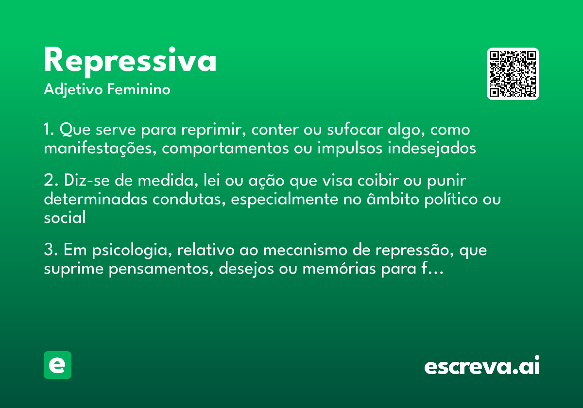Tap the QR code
(513, 74)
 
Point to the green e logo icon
(57, 365)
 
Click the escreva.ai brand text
(482, 366)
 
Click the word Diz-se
(86, 181)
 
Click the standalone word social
(65, 218)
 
